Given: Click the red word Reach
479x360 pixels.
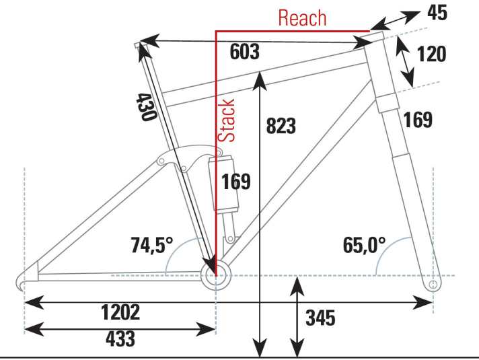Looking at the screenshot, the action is pos(302,18).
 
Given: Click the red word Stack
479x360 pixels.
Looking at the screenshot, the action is pos(227,120).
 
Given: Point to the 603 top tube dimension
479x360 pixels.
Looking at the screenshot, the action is pos(244,52).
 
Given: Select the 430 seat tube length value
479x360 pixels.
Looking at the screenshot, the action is pos(146,107).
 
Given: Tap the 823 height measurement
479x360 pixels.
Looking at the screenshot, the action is pos(281,126).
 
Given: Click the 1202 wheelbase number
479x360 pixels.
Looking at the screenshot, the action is pos(120,312).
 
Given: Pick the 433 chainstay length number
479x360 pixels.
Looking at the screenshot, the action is pos(120,338).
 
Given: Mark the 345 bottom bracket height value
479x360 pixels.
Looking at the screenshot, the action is pos(320,318).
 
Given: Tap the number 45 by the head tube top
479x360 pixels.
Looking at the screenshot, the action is pos(437,13).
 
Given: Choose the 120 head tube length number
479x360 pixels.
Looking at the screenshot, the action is pos(432,54).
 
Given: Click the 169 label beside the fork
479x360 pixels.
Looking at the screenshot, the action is pos(418,120).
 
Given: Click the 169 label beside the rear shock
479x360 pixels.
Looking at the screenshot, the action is pos(236,182).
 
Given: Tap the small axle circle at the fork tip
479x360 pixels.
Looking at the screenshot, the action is pos(433,285).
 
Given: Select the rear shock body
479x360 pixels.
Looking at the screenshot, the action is pos(223,184).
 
